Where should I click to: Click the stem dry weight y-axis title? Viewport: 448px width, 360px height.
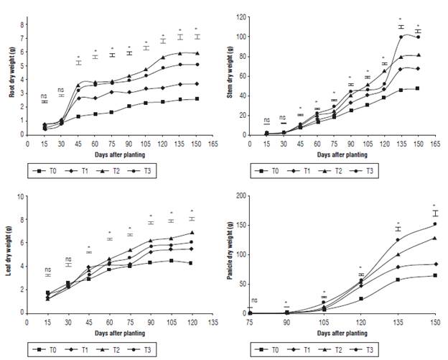(x=235, y=76)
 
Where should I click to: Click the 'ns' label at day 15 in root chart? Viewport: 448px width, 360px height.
(x=44, y=96)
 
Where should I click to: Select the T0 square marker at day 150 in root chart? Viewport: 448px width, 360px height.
(x=196, y=99)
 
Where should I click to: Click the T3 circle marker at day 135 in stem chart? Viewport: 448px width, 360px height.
(x=401, y=37)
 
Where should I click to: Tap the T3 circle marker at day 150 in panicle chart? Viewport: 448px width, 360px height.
(x=434, y=224)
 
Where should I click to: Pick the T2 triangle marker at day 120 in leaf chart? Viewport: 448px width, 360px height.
(x=192, y=233)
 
